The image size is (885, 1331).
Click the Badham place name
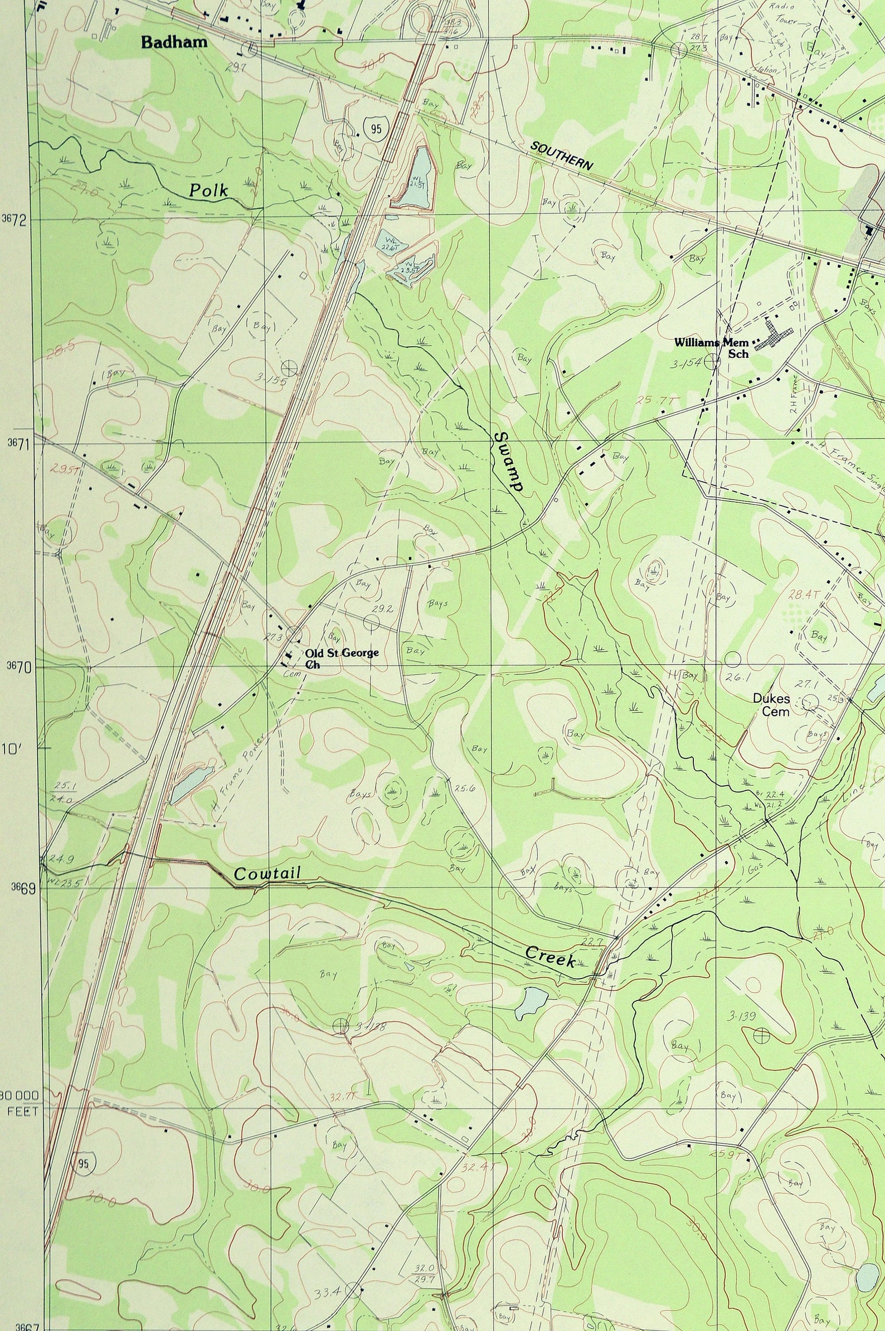(x=174, y=42)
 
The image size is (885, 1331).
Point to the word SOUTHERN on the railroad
(x=562, y=156)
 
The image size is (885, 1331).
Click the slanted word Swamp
(x=508, y=462)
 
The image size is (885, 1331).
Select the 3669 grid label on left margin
(x=23, y=888)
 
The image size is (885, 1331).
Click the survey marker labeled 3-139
(x=761, y=1034)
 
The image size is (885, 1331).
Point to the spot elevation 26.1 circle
(x=732, y=659)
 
